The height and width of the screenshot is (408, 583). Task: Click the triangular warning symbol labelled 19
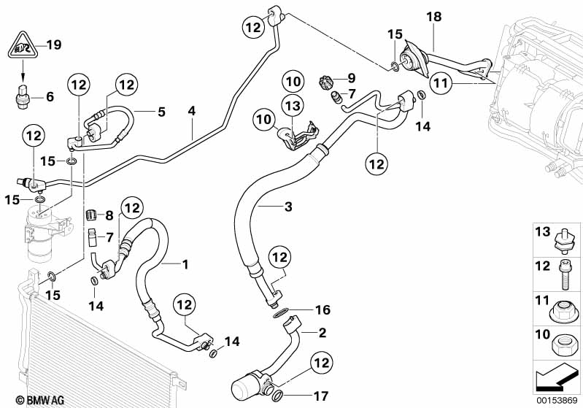(23, 45)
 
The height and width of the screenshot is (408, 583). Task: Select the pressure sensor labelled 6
(23, 98)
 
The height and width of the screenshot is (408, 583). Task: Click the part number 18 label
(433, 17)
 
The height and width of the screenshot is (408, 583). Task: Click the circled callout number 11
(441, 82)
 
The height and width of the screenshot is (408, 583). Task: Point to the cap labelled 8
(93, 215)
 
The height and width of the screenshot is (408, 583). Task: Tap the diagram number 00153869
(557, 400)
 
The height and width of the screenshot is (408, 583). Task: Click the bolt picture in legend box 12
(565, 275)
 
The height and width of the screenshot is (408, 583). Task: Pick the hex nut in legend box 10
(565, 343)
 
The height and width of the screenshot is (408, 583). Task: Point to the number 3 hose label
(288, 207)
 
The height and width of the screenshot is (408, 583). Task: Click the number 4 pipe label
(191, 111)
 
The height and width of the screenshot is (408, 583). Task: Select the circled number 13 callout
(293, 106)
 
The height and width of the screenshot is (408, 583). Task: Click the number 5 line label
(161, 112)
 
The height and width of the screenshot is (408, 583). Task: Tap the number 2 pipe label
(322, 333)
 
